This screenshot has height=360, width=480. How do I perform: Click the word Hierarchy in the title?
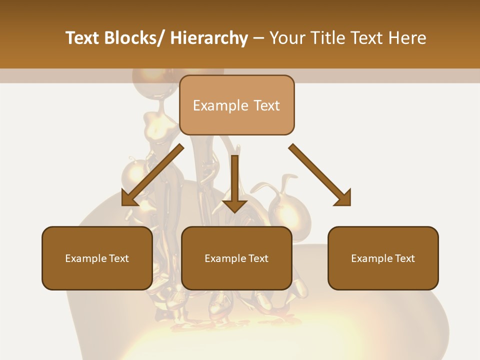(209, 38)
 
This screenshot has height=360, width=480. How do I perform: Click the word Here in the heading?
(407, 38)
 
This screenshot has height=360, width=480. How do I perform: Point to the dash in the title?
(258, 38)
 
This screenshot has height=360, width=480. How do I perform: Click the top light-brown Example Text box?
(236, 105)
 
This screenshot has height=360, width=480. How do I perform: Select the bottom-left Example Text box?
(97, 258)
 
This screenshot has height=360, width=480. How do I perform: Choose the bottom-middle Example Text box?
(236, 258)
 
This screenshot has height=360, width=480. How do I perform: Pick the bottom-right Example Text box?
(383, 258)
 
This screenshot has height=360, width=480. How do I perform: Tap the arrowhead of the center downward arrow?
(234, 205)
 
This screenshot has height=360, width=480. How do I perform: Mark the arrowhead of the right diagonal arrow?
(342, 198)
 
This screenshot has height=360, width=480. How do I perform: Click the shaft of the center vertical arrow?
(234, 175)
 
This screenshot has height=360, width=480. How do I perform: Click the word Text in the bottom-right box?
(404, 258)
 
